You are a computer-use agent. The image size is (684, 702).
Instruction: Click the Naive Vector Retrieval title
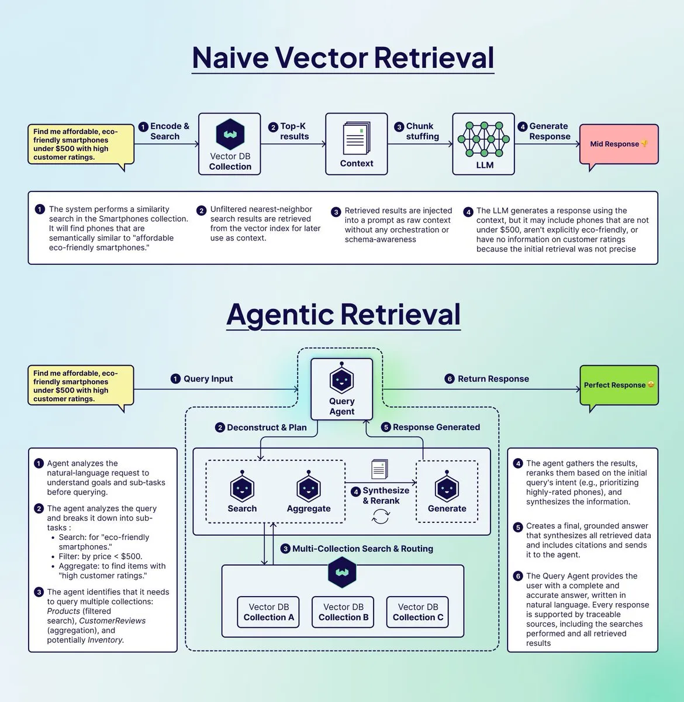(343, 57)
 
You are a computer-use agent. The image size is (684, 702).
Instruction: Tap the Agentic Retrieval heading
(343, 314)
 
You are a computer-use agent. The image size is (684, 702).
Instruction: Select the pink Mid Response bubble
(619, 144)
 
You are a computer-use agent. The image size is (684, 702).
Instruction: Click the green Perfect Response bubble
(619, 385)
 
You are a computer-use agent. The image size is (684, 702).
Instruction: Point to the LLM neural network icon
(483, 139)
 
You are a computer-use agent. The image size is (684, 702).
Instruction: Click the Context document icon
(356, 138)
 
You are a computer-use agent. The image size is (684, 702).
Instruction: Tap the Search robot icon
(242, 488)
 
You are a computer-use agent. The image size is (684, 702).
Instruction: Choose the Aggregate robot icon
(309, 488)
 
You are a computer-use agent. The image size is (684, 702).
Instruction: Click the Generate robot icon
(447, 488)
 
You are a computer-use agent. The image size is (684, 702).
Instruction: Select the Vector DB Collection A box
(268, 612)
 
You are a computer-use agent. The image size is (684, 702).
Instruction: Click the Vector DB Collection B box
(343, 612)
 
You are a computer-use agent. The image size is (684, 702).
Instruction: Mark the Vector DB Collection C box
(418, 612)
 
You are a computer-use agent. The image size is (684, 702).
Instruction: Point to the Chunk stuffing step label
(422, 131)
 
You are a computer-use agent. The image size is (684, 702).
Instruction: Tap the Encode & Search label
(169, 131)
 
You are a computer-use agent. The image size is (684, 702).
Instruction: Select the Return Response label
(493, 378)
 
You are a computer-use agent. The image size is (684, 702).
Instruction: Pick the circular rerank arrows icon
(381, 517)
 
